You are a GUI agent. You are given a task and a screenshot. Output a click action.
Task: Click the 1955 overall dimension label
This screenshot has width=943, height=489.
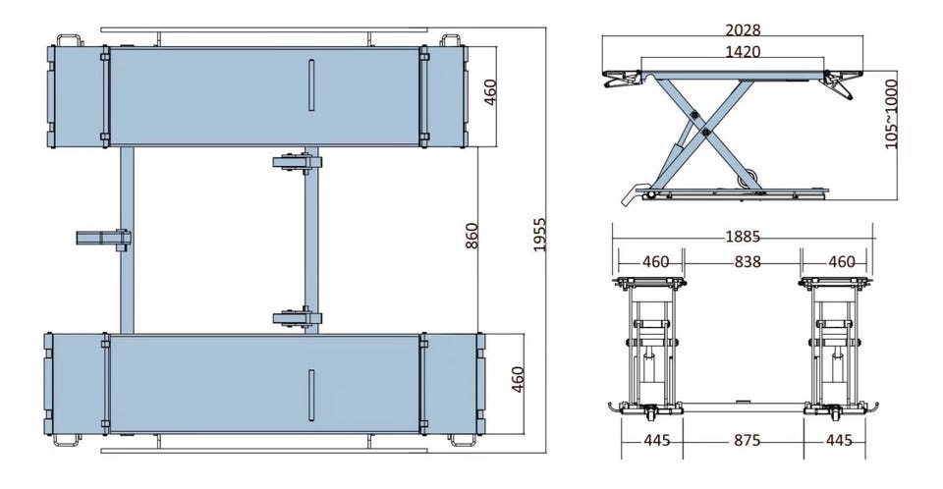tap(538, 235)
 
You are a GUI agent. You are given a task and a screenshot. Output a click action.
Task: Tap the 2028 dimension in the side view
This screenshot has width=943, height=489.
tap(742, 31)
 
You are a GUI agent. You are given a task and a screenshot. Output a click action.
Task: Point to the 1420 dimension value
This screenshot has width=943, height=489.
tap(742, 52)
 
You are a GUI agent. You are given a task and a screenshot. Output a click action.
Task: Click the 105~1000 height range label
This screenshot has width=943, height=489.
tap(891, 114)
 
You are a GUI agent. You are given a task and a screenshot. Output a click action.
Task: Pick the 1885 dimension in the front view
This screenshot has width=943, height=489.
tap(743, 237)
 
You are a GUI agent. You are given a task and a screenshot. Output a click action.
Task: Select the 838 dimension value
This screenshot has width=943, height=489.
tap(743, 261)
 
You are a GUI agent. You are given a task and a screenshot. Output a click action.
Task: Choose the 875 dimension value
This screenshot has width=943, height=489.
tap(743, 440)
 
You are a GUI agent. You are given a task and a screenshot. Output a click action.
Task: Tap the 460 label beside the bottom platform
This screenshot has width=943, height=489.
tap(518, 379)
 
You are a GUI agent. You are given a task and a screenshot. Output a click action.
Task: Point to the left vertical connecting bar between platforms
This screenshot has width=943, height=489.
tap(127, 241)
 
